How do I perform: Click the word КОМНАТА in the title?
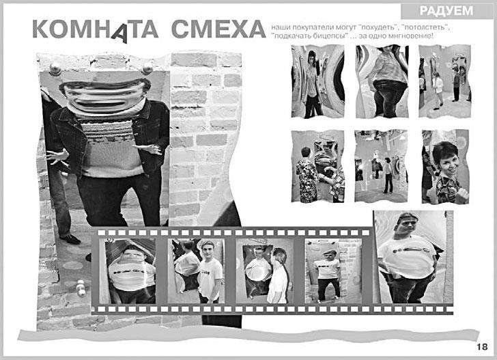pyautogui.click(x=95, y=30)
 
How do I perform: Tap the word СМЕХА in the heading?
pyautogui.click(x=218, y=29)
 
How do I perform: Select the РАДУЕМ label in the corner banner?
pyautogui.click(x=446, y=11)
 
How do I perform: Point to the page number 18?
pyautogui.click(x=482, y=346)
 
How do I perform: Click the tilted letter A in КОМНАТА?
pyautogui.click(x=120, y=33)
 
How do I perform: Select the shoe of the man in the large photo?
pyautogui.click(x=70, y=238)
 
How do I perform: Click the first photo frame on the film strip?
pyautogui.click(x=128, y=271)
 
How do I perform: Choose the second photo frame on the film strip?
pyautogui.click(x=196, y=271)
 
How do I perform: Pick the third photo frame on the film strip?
pyautogui.click(x=264, y=271)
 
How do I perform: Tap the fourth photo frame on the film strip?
pyautogui.click(x=333, y=271)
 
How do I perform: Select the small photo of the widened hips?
pyautogui.click(x=382, y=81)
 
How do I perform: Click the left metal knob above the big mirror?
pyautogui.click(x=55, y=69)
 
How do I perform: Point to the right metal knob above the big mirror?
pyautogui.click(x=147, y=68)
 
